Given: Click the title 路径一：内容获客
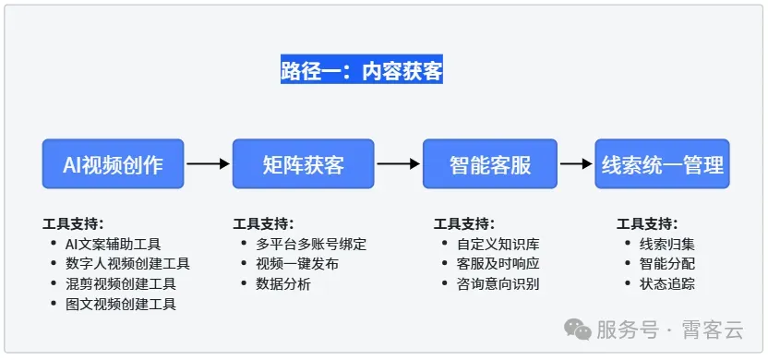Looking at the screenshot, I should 362,71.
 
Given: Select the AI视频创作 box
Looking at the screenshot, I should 113,164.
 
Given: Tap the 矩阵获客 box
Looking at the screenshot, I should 303,164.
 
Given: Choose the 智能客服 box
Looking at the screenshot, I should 490,164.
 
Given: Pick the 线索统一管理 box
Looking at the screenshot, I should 662,164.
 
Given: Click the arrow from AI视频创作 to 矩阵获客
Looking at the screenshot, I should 208,164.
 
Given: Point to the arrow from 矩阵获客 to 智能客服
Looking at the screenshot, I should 398,164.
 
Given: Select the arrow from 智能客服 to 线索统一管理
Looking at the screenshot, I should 576,164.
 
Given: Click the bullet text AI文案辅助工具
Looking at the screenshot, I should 113,245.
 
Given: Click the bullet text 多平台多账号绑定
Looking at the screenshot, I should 311,245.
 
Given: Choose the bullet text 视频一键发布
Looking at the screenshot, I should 297,264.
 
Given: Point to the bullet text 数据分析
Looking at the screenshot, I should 283,284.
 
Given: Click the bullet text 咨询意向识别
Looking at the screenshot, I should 498,284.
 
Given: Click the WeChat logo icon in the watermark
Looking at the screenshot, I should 578,330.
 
